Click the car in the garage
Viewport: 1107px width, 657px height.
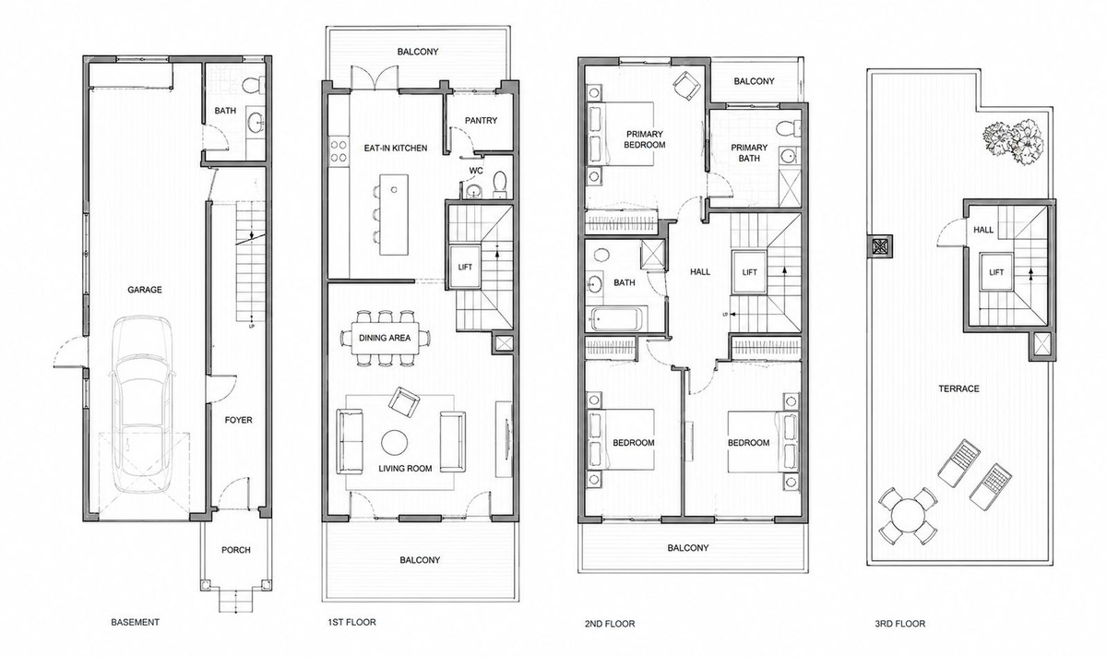142,403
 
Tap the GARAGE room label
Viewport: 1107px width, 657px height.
145,290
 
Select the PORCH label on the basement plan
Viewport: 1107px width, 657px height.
236,550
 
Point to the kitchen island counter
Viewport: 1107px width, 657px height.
394,215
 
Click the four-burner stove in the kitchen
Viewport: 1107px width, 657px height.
338,151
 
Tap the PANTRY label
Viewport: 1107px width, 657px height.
481,120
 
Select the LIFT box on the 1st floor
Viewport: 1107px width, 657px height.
465,267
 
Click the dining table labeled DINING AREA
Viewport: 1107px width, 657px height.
385,338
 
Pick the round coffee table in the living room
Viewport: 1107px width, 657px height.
395,442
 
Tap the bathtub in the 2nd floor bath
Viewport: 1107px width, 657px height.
616,319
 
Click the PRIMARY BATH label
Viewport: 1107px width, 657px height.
749,153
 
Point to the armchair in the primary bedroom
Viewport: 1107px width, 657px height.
687,87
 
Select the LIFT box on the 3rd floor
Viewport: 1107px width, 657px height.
997,272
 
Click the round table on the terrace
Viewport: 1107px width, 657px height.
908,515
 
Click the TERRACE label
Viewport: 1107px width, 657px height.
958,388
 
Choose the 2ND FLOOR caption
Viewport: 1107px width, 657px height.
610,624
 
